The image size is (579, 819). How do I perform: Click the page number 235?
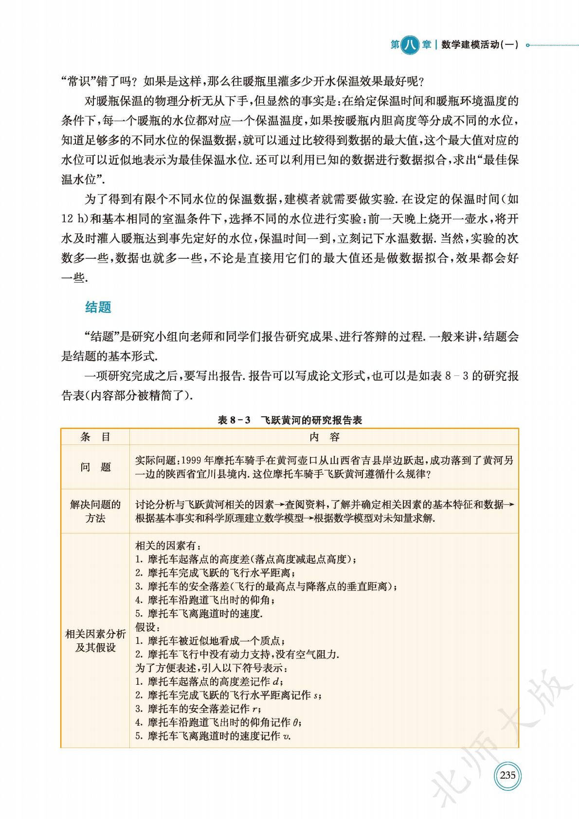click(507, 775)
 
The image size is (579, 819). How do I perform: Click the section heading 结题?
click(98, 307)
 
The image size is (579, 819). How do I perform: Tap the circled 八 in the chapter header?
click(410, 45)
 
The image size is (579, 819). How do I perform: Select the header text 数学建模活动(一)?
click(480, 45)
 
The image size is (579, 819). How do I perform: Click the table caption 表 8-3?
click(234, 420)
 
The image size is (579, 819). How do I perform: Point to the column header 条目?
click(95, 437)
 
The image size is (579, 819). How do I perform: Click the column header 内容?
click(325, 437)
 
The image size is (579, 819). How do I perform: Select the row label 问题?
click(95, 467)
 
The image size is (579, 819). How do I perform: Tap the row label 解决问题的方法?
click(95, 511)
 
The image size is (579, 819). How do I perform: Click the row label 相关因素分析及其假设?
click(95, 641)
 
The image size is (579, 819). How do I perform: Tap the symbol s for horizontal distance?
click(316, 695)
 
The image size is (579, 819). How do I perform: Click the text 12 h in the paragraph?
click(74, 219)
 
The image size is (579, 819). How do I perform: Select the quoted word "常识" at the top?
click(79, 81)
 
